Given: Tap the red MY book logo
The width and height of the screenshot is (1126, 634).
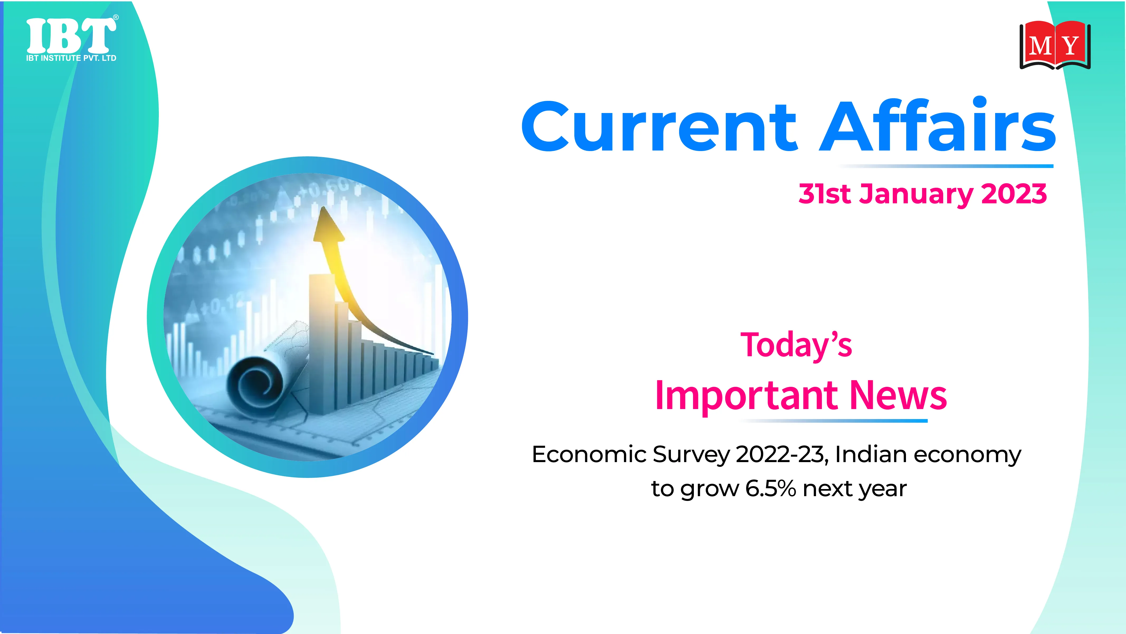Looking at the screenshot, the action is click(1055, 45).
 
